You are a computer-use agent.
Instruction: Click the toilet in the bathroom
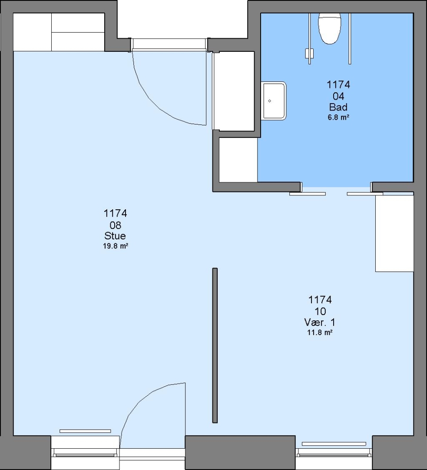coord(330,28)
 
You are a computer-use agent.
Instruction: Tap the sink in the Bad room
coord(274,101)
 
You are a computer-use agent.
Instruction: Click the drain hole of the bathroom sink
coord(270,101)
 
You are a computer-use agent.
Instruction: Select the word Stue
coord(115,236)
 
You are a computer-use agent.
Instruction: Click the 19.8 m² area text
coord(116,246)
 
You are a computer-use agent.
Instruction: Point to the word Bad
coord(338,107)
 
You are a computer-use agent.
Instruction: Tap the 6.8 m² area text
coord(338,117)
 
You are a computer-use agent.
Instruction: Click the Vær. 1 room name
coord(320,322)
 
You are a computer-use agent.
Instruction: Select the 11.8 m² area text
coord(320,332)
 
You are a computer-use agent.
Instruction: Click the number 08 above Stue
coord(115,225)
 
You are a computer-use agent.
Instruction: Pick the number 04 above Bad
coord(338,96)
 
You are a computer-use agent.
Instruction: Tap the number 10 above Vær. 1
coord(320,312)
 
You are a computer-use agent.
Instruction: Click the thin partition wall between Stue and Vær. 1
coord(215,345)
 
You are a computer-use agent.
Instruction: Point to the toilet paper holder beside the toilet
coord(309,54)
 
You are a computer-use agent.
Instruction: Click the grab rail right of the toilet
coord(350,38)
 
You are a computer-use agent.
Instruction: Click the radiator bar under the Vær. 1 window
coord(334,444)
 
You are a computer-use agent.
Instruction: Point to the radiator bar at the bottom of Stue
coord(85,431)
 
